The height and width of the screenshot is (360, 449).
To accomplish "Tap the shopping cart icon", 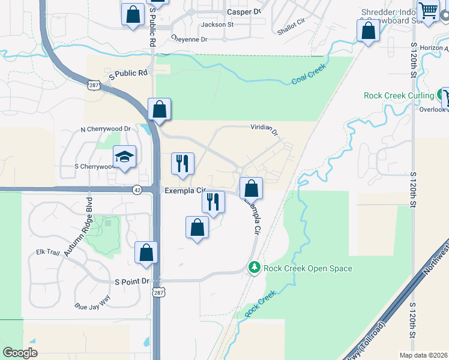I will pos(429,11).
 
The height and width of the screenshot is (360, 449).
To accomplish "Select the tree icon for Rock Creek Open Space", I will pos(255,268).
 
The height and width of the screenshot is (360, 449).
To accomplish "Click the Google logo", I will pos(20,353).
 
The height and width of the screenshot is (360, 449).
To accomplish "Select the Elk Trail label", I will pos(48,253).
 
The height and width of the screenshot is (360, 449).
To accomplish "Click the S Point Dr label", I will pos(131,281).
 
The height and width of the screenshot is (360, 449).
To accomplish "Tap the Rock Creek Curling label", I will pos(399,95).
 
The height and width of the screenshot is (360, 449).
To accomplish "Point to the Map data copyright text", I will pos(423,355).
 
